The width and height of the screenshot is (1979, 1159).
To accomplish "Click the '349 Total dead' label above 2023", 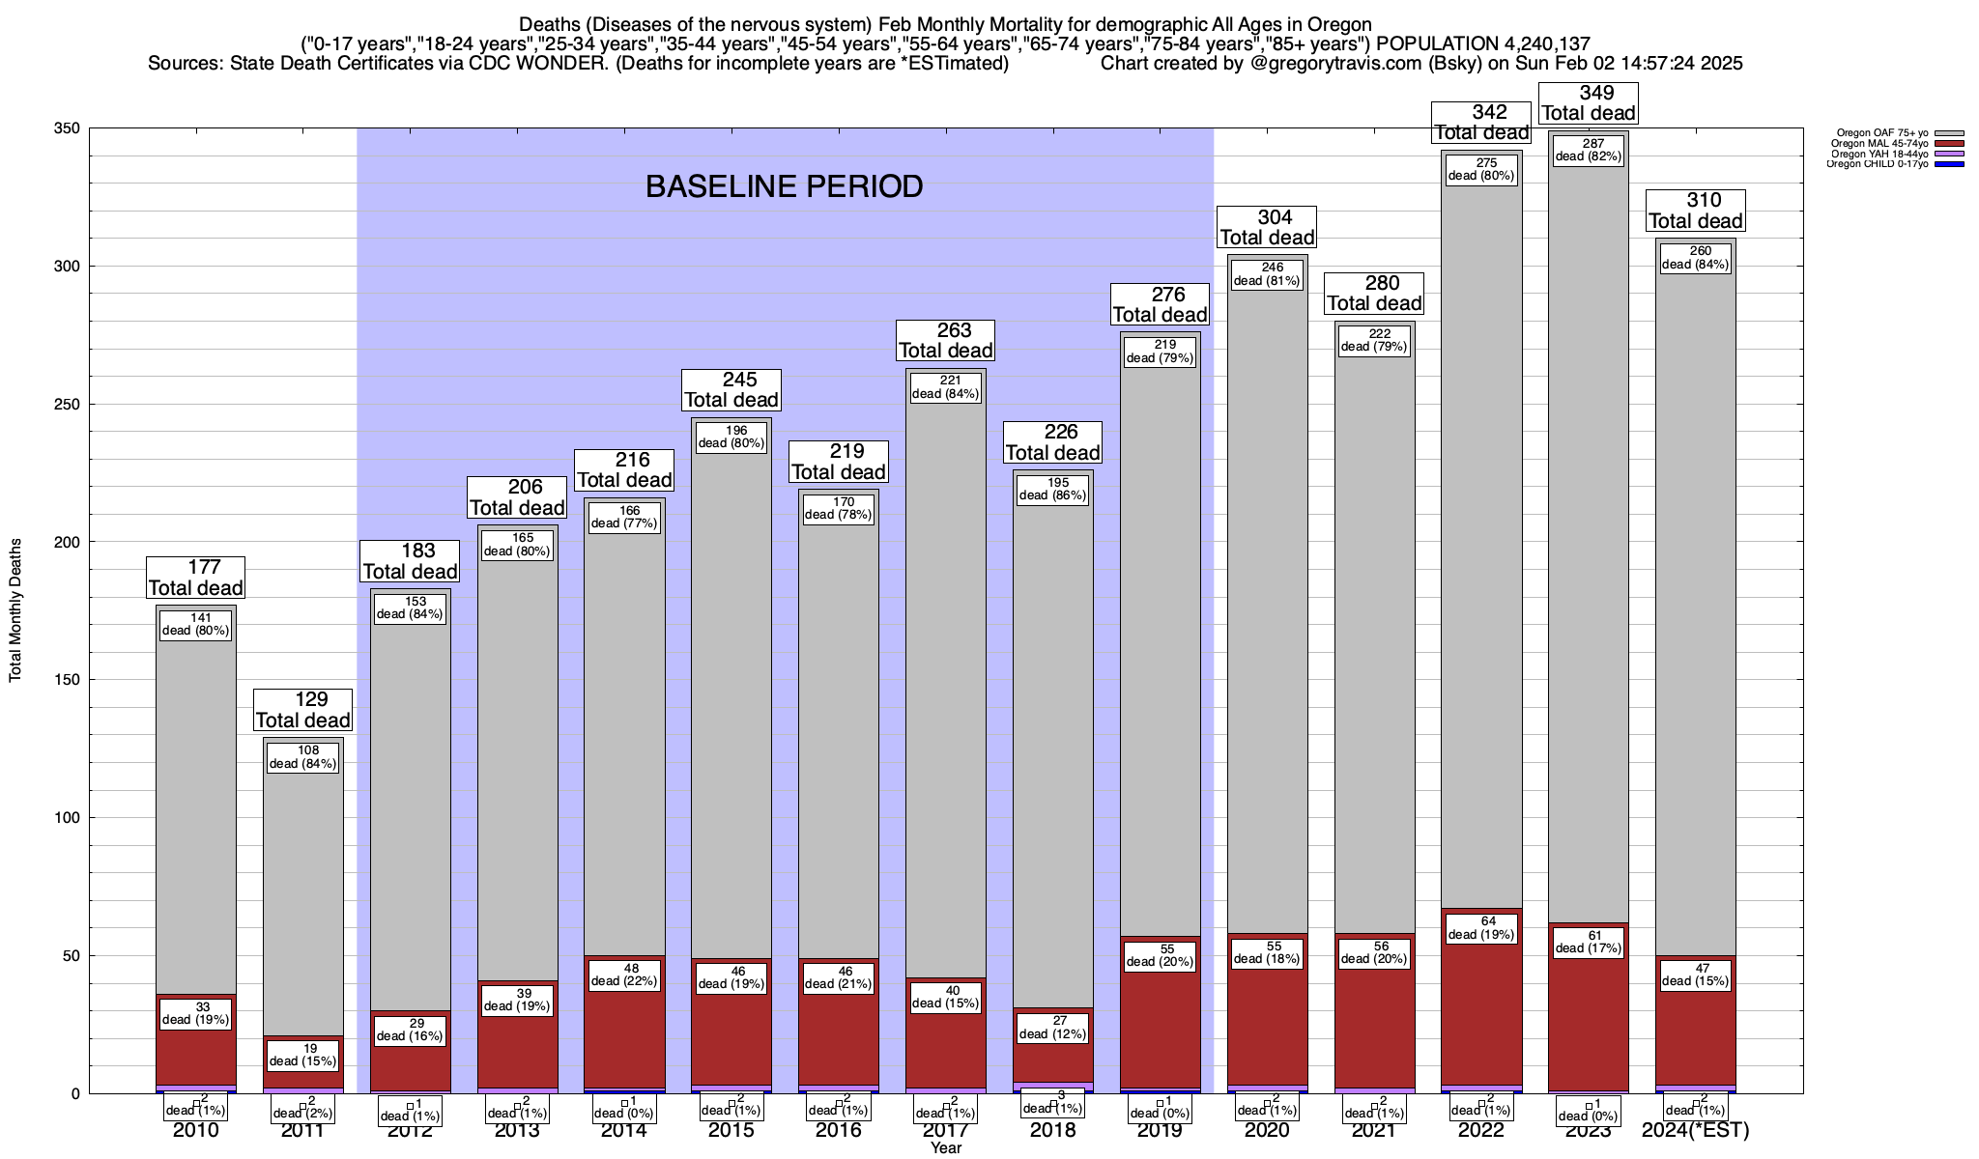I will pyautogui.click(x=1588, y=103).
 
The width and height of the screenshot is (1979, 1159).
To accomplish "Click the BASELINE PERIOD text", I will pyautogui.click(x=784, y=186).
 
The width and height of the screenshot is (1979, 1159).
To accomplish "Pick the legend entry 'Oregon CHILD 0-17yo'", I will pyautogui.click(x=1879, y=164).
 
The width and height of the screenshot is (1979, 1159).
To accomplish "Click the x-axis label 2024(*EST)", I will pyautogui.click(x=1695, y=1130).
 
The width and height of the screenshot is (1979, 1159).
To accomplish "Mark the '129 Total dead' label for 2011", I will pyautogui.click(x=303, y=710).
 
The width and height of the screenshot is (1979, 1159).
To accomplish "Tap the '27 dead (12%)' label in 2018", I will pyautogui.click(x=1052, y=1027).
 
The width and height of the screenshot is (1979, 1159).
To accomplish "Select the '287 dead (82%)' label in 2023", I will pyautogui.click(x=1588, y=150).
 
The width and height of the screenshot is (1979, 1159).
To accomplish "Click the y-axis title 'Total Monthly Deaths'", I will pyautogui.click(x=15, y=610).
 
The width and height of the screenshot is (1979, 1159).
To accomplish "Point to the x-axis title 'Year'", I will pyautogui.click(x=945, y=1148).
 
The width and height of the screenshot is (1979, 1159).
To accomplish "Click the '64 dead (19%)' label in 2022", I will pyautogui.click(x=1481, y=927).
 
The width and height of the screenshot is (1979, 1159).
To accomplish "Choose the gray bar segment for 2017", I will pyautogui.click(x=946, y=676).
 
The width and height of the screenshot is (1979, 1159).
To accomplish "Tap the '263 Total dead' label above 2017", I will pyautogui.click(x=946, y=340).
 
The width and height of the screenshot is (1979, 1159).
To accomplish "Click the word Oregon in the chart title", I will pyautogui.click(x=1339, y=24).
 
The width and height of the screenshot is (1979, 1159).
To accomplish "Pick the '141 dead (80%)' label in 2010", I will pyautogui.click(x=196, y=624).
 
